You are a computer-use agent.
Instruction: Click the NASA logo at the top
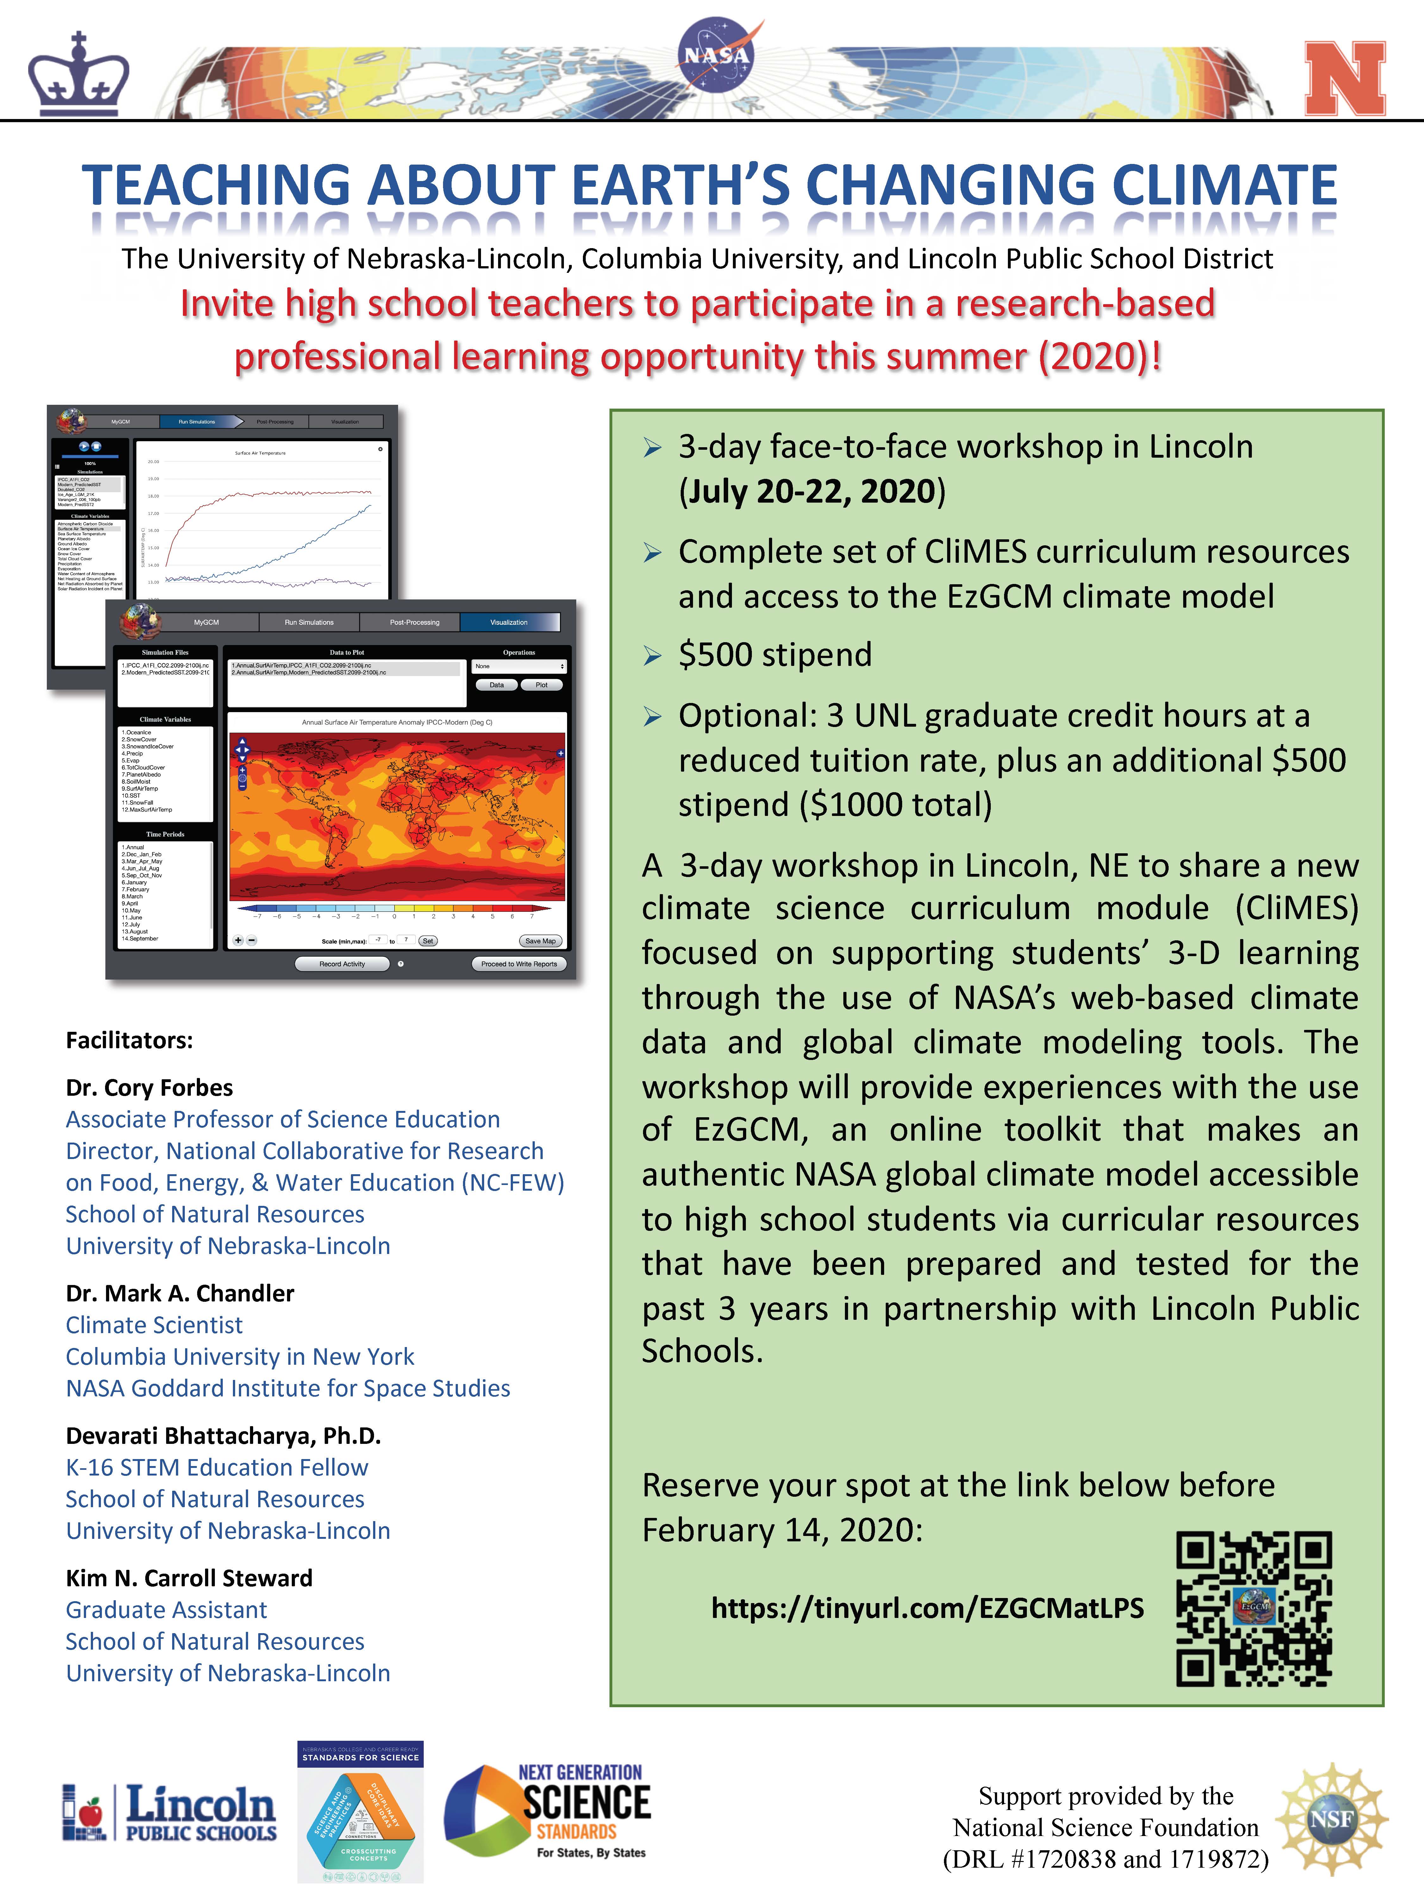click(x=716, y=57)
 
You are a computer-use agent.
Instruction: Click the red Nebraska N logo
click(x=1344, y=79)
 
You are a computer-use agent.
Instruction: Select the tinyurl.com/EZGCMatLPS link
click(x=927, y=1608)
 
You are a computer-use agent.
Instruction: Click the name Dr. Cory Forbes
click(x=149, y=1088)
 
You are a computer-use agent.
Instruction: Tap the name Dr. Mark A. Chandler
click(x=180, y=1293)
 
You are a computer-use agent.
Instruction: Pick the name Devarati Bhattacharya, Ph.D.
click(x=223, y=1435)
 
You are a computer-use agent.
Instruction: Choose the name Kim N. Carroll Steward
click(x=189, y=1578)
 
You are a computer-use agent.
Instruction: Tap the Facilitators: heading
click(x=130, y=1041)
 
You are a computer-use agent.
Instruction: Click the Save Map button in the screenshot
click(x=540, y=941)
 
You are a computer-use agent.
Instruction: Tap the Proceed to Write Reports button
click(x=518, y=964)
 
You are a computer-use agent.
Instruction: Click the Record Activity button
click(x=342, y=964)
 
